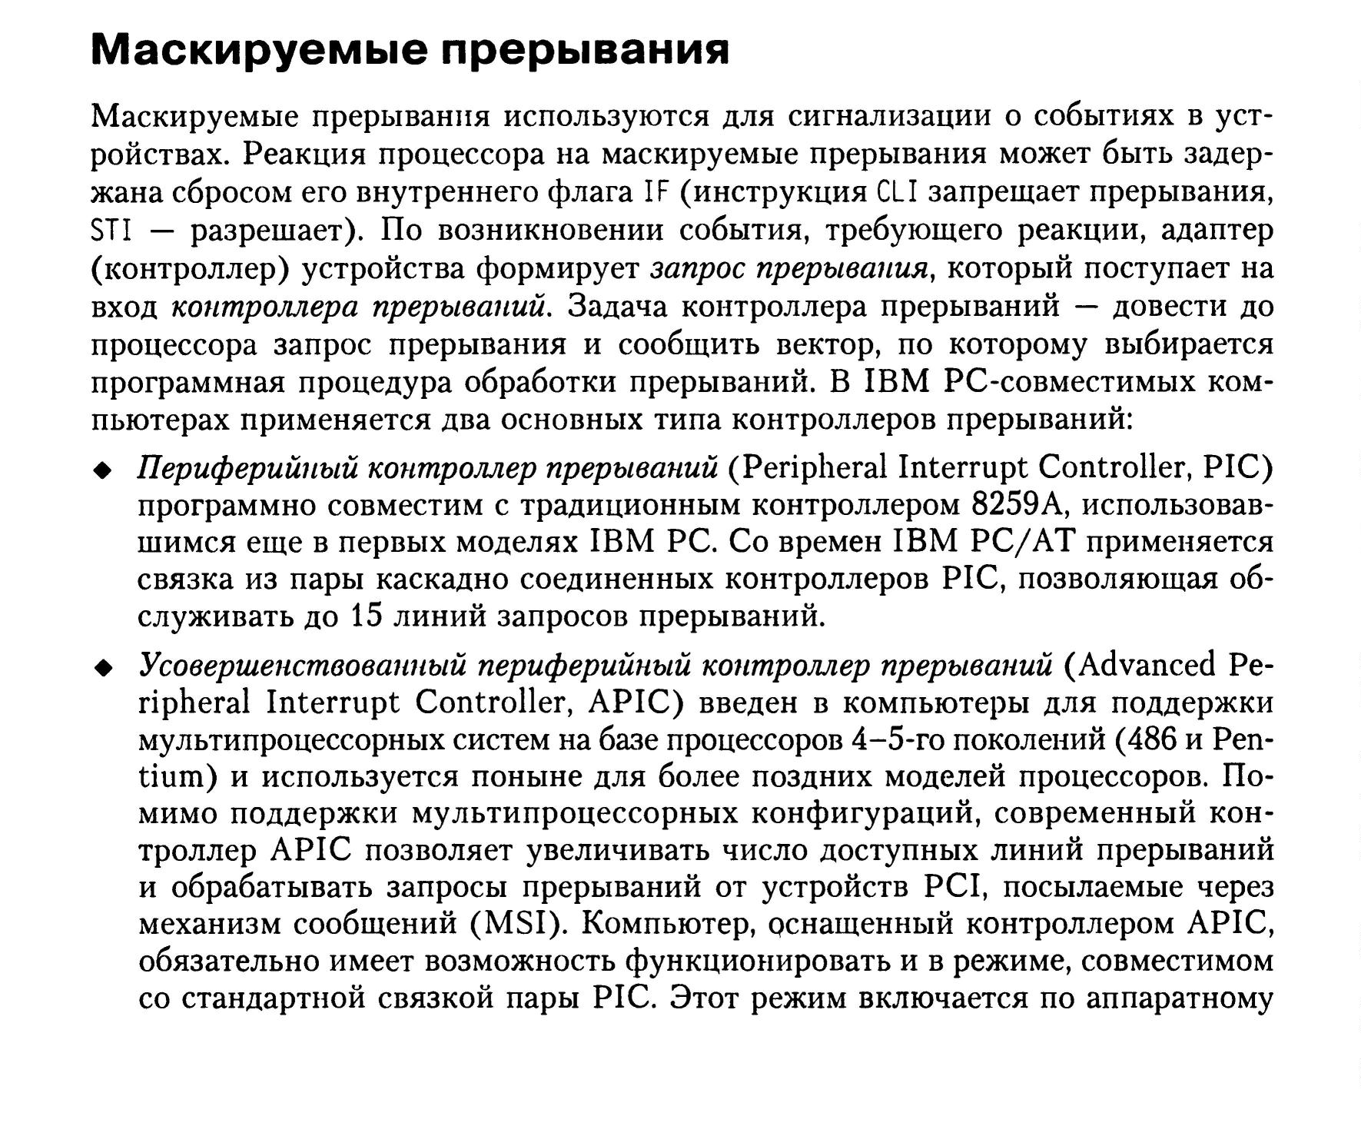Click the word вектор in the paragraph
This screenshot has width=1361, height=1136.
pyautogui.click(x=827, y=345)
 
